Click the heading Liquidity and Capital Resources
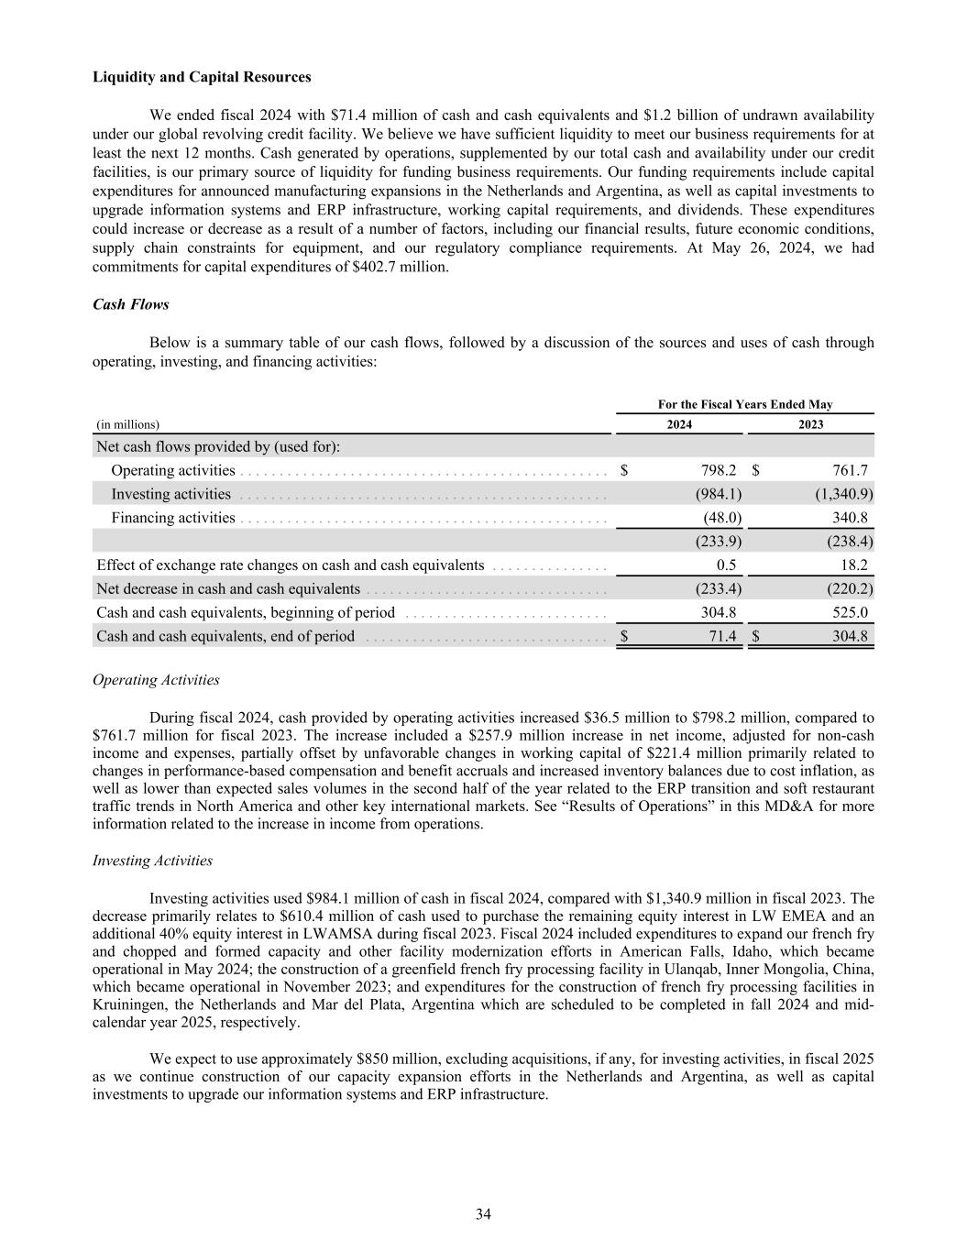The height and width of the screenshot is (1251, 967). click(202, 77)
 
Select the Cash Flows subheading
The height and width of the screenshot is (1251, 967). click(130, 304)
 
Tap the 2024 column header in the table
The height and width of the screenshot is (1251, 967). click(679, 424)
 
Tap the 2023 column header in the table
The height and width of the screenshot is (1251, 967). click(810, 424)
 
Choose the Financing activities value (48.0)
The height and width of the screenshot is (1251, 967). click(721, 518)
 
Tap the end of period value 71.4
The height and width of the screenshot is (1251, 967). click(723, 636)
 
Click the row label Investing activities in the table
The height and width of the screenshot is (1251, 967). click(170, 494)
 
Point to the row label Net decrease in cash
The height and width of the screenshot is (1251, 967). click(227, 588)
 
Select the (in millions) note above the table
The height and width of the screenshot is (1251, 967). click(127, 424)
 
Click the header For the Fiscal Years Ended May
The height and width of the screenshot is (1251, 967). click(745, 404)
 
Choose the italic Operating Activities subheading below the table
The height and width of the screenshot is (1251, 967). click(156, 680)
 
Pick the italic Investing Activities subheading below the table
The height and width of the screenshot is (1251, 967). click(152, 861)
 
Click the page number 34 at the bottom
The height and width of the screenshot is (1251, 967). click(483, 1214)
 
